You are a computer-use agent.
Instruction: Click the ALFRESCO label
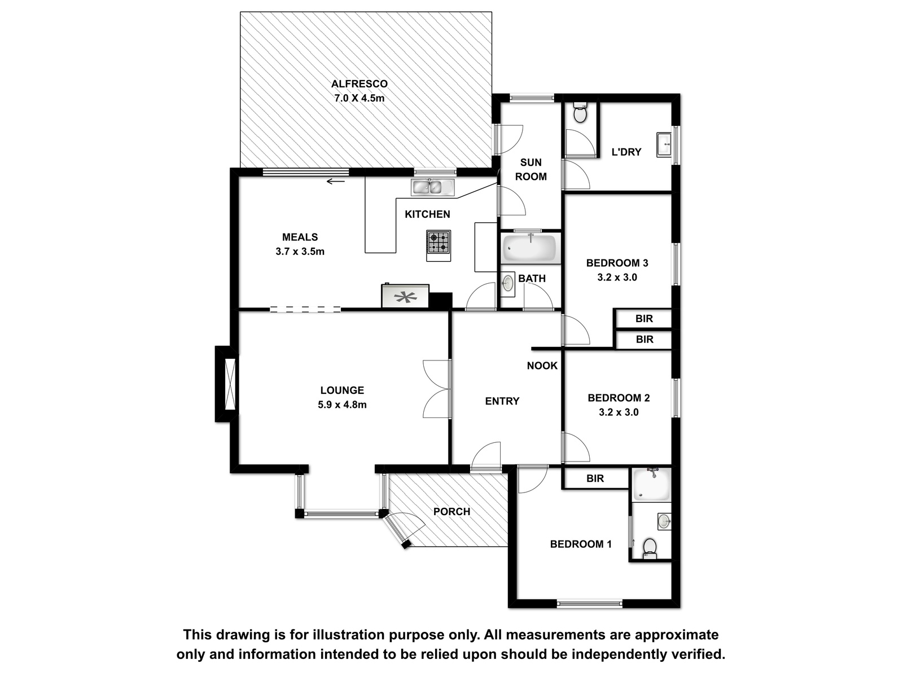[x=359, y=84]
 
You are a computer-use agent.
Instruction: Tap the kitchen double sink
[x=433, y=187]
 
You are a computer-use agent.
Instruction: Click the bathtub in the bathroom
[x=531, y=248]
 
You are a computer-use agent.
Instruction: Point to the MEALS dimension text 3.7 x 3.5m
[x=300, y=252]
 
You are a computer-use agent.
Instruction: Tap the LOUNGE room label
[x=342, y=390]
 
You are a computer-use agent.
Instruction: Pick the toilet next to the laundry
[x=580, y=113]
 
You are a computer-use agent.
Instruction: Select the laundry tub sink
[x=664, y=144]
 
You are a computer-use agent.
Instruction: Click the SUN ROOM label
[x=531, y=169]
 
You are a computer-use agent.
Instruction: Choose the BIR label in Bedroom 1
[x=595, y=478]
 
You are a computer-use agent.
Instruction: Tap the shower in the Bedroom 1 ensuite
[x=652, y=485]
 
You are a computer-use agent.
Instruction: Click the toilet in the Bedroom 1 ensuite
[x=650, y=549]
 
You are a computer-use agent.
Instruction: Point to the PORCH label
[x=451, y=512]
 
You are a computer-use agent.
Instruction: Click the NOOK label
[x=542, y=366]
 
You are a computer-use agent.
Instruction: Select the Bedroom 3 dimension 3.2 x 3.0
[x=617, y=278]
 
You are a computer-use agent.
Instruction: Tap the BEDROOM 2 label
[x=619, y=398]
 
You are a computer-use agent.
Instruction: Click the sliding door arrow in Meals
[x=336, y=181]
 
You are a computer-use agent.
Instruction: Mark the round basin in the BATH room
[x=509, y=283]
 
